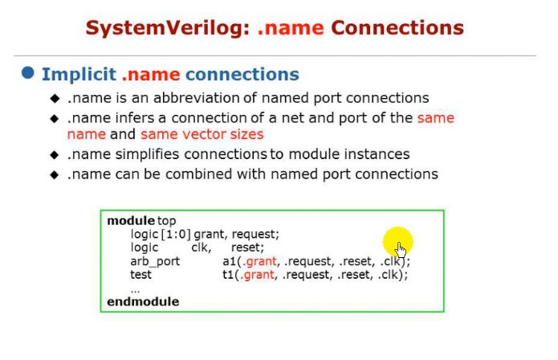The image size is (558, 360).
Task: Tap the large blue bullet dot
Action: [28, 73]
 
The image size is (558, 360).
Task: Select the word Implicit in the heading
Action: [79, 75]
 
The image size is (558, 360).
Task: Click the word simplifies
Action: [138, 154]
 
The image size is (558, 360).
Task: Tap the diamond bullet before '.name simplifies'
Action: [55, 154]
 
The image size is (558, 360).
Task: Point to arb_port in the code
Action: [155, 261]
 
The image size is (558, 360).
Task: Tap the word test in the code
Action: [141, 274]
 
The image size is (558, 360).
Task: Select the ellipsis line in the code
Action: [135, 288]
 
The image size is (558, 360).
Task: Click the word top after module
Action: [166, 220]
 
